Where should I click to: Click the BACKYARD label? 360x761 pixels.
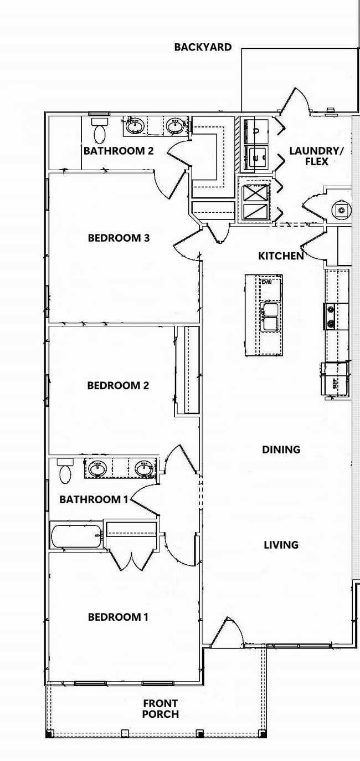[203, 47]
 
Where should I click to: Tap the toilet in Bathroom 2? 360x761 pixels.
[100, 132]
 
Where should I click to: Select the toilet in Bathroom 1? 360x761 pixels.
[65, 472]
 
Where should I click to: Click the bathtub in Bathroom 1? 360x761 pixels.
[76, 535]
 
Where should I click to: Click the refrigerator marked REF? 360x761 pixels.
[335, 379]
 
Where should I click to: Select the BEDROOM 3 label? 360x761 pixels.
[119, 238]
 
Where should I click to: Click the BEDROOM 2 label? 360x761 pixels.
[118, 385]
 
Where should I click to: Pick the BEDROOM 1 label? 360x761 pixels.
[118, 617]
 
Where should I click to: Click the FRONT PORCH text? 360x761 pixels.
[160, 709]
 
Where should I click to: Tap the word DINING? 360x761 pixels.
[281, 450]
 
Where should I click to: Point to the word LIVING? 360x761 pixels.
[281, 545]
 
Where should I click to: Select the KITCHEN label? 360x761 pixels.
[281, 256]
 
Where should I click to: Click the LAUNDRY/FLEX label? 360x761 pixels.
[317, 156]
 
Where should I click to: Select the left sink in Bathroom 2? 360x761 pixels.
[135, 126]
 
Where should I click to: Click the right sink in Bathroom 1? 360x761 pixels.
[145, 468]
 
